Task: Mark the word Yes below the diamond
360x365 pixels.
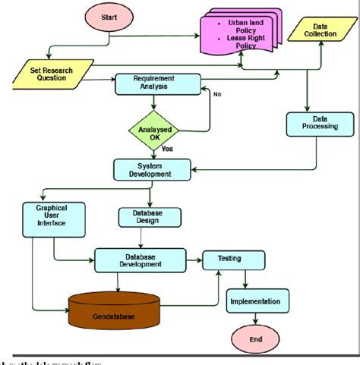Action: pos(167,149)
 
